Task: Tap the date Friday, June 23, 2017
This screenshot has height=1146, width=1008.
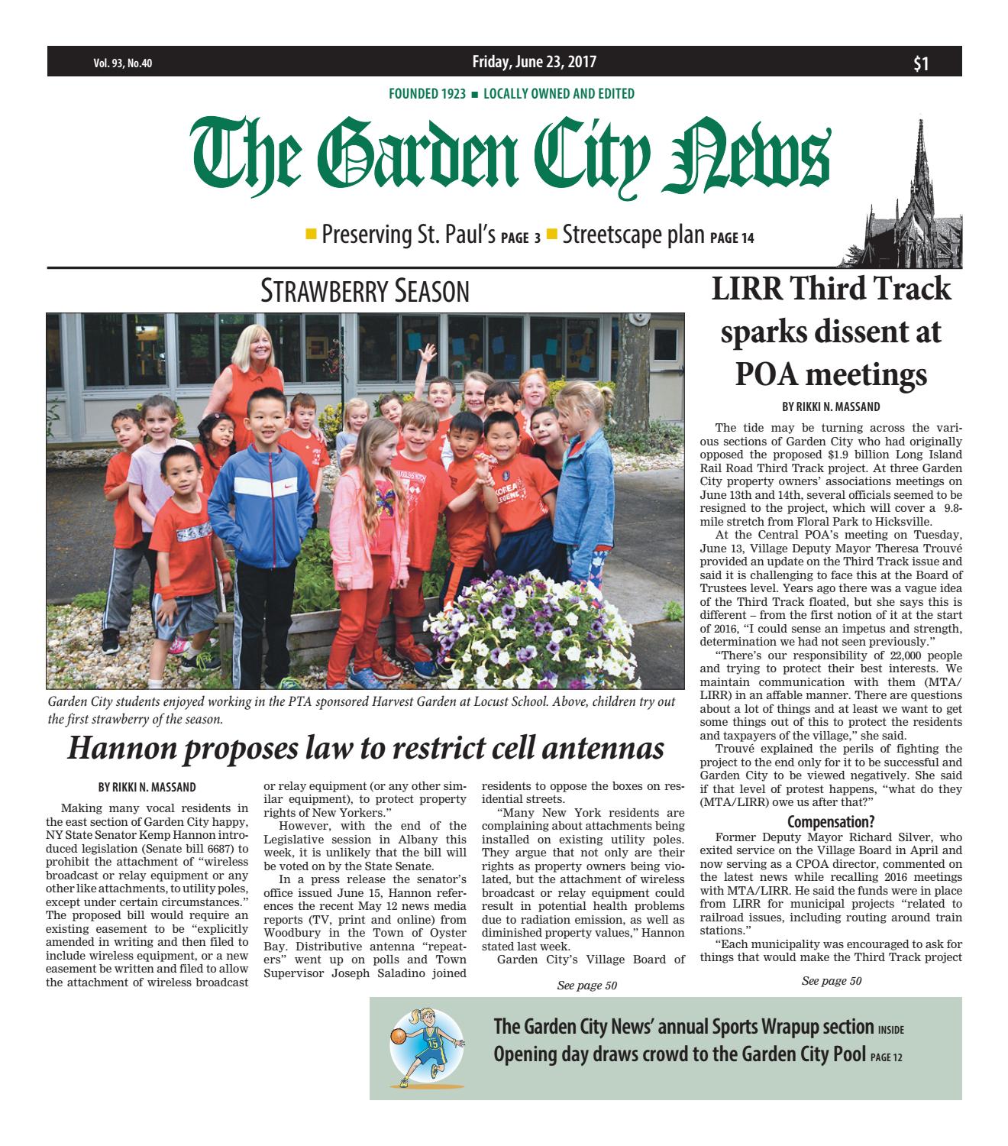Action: pos(534,62)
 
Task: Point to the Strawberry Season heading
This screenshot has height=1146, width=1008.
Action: pos(364,291)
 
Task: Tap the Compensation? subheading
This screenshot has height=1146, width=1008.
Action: pos(830,822)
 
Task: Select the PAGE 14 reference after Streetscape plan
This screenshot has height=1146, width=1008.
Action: pos(732,238)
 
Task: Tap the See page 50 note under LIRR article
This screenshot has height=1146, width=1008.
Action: pos(831,981)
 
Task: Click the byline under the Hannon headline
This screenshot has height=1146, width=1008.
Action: pos(147,785)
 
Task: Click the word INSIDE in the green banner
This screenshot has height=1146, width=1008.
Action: pos(890,1030)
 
